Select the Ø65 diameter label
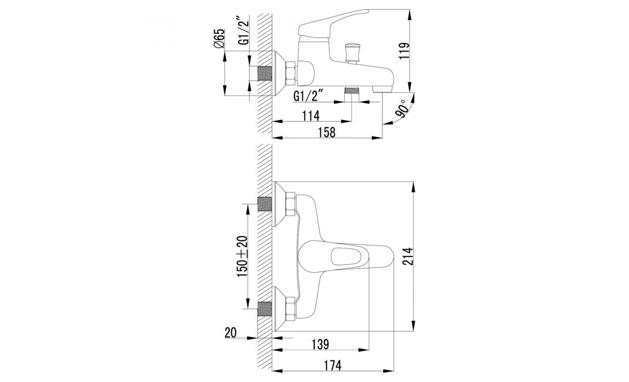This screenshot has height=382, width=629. click(219, 39)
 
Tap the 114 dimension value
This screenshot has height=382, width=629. click(311, 116)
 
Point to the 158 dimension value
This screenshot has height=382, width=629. click(327, 132)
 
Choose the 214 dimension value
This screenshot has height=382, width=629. click(408, 256)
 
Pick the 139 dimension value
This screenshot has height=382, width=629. click(320, 344)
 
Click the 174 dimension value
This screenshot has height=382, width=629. click(333, 366)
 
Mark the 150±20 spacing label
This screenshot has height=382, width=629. click(242, 256)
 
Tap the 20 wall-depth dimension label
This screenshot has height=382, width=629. click(230, 333)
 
